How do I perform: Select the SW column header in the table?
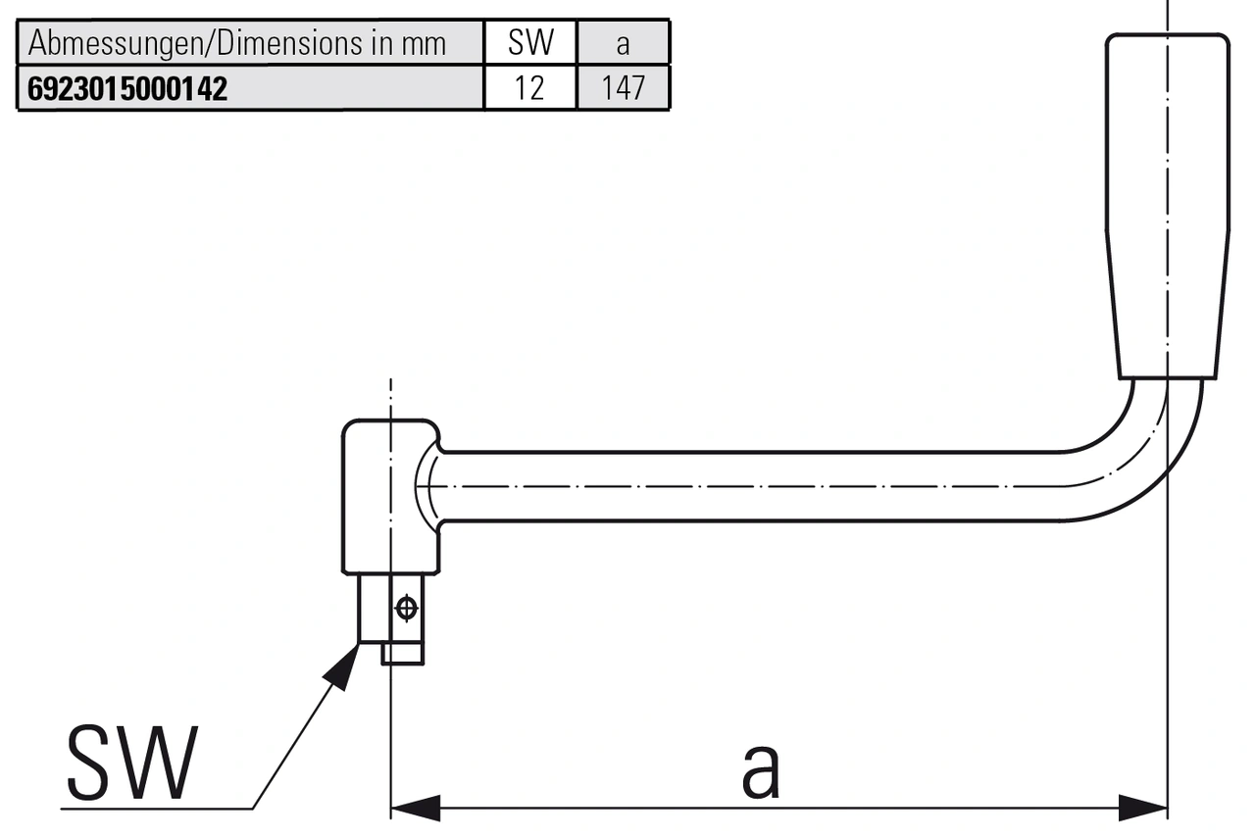pos(530,43)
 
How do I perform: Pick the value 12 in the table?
pos(529,89)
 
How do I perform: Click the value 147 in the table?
pos(624,89)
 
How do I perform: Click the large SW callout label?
pos(131,764)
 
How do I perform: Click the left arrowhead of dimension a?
pos(416,809)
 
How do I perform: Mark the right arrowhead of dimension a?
pos(1143,809)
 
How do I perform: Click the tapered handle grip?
pos(1167,206)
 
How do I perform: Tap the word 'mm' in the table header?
pos(423,44)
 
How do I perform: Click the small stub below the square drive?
pos(402,653)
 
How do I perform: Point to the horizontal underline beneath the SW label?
pos(157,809)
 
